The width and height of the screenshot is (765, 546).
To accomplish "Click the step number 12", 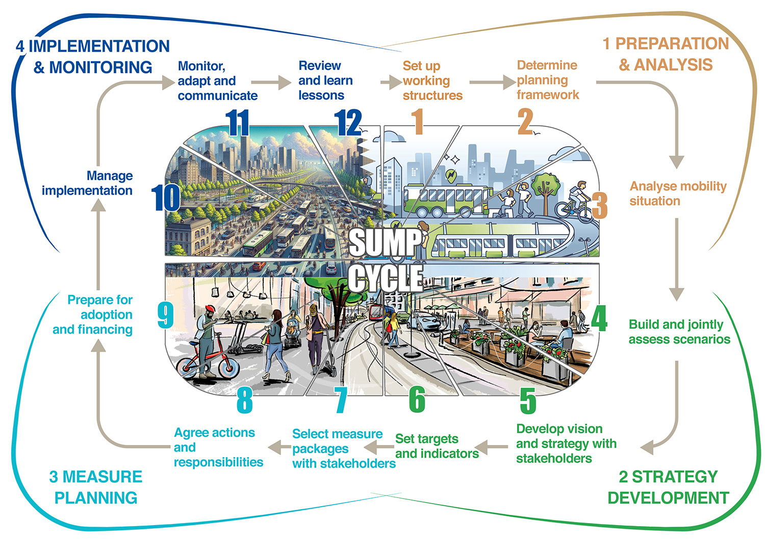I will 348,123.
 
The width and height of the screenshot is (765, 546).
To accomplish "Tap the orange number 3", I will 600,205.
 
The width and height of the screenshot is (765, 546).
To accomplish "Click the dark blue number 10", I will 166,198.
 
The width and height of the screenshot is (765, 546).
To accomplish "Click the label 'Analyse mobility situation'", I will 677,193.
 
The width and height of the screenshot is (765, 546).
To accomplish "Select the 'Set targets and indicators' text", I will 437,446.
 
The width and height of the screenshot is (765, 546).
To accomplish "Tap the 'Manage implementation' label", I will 87,183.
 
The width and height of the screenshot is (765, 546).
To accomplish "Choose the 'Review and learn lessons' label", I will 325,81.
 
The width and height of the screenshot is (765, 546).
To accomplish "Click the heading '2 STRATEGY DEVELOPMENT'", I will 668,487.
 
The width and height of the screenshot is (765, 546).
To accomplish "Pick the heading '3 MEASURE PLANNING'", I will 96,487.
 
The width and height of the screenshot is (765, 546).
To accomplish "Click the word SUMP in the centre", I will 386,242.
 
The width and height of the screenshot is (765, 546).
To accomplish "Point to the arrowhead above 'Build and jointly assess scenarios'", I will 676,293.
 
